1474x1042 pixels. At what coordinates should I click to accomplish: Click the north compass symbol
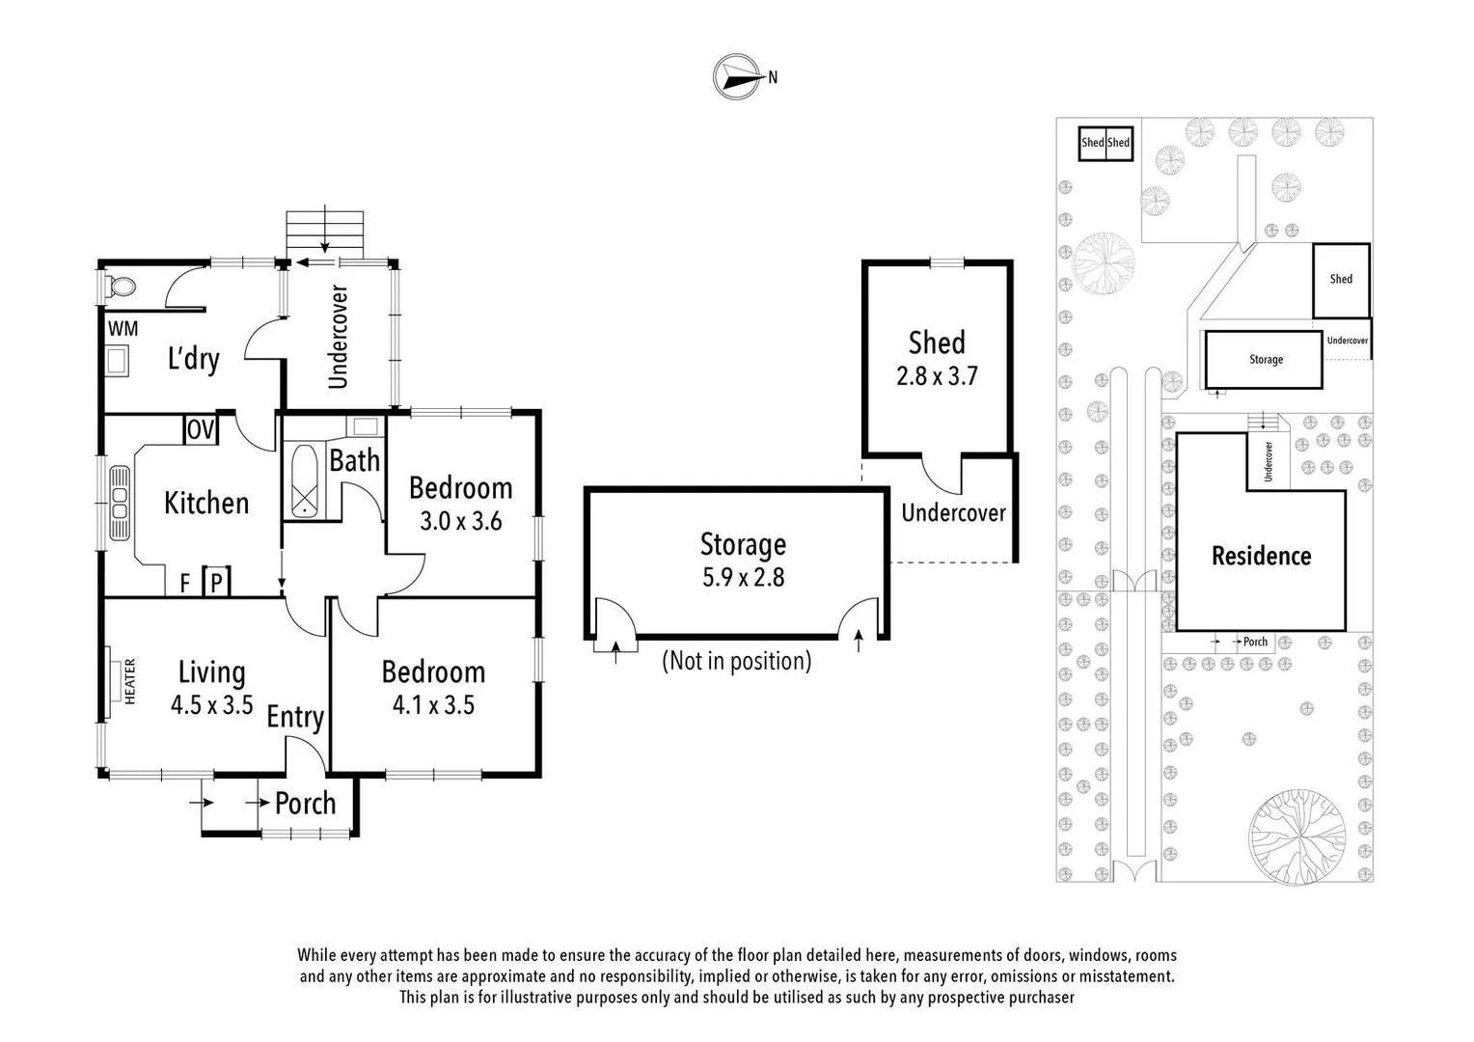coord(736,76)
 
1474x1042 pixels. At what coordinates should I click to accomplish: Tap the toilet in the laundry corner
coord(120,287)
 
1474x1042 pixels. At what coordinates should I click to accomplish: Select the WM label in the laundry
coord(123,328)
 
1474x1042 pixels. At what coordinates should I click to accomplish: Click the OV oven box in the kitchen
coord(201,429)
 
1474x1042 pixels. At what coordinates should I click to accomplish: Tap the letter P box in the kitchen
coord(217,582)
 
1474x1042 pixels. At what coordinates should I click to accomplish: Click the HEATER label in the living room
coord(129,681)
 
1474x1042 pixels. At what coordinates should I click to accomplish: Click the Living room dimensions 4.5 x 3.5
coord(211,704)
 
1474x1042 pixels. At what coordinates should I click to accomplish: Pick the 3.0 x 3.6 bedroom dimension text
coord(460,521)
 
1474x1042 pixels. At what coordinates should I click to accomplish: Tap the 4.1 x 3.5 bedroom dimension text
coord(433,704)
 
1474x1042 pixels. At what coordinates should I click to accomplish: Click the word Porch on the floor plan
coord(305,803)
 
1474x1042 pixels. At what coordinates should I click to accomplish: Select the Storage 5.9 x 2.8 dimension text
coord(743,577)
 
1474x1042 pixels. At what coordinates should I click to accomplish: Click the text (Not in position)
coord(736,661)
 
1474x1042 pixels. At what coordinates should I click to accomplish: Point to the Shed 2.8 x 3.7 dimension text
coord(937,375)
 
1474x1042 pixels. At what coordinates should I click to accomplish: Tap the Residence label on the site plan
coord(1261,556)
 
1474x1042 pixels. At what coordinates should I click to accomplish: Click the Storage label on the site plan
coord(1266,359)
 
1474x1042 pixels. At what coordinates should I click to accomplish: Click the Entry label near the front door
coord(295,717)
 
